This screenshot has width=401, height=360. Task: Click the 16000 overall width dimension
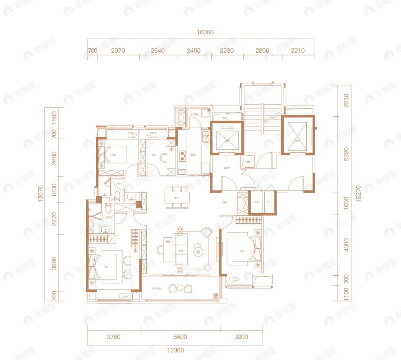(205, 32)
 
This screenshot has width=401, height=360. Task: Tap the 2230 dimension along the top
(226, 51)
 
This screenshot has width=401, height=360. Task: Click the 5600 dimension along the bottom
(180, 337)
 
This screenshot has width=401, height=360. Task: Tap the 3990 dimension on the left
(54, 263)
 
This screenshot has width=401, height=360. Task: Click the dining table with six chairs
(177, 197)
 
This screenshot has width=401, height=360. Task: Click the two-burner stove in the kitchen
(182, 156)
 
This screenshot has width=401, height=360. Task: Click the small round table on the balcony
(180, 288)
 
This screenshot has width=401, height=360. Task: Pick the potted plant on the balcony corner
(215, 296)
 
